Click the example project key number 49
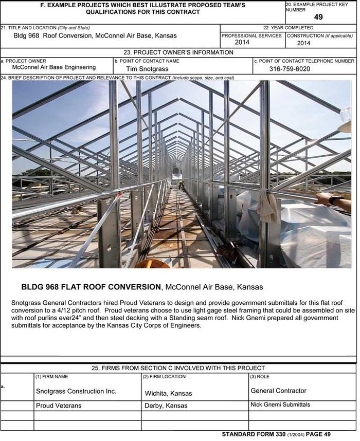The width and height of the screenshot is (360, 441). coord(318,17)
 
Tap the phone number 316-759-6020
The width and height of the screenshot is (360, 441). coord(290,69)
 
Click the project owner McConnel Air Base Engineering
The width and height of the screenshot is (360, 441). coord(54,67)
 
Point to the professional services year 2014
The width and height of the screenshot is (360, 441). coord(242,43)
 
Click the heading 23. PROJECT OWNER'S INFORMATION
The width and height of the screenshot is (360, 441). coord(178,52)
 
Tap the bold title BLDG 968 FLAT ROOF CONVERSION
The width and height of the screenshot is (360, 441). coord(91,286)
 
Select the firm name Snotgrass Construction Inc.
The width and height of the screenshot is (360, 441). coord(76,391)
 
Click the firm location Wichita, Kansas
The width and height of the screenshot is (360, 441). coord(169,393)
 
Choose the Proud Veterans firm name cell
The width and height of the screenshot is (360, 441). coord(59,406)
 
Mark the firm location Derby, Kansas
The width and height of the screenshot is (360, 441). coord(166,406)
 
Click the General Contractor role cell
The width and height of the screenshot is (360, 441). coord(278,391)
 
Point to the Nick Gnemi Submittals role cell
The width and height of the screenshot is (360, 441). coord(280,405)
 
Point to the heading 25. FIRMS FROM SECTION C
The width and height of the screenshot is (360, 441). coord(178,368)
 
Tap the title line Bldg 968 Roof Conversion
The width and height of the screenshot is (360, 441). coord(95,36)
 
